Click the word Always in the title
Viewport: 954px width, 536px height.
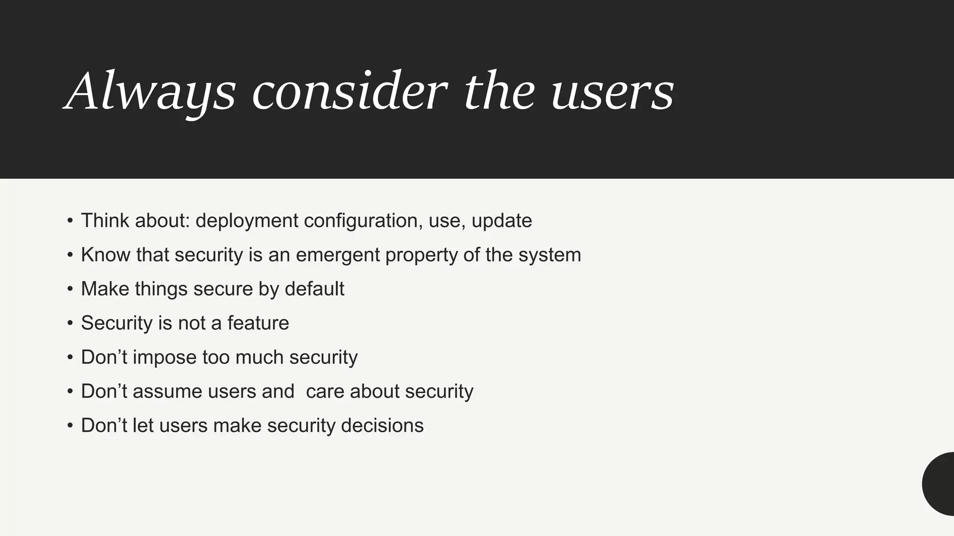pos(150,91)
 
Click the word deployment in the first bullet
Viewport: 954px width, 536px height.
pos(246,221)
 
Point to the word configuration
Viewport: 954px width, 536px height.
pos(363,221)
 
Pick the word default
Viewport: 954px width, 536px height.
pos(314,289)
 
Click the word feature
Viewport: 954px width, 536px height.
pos(258,323)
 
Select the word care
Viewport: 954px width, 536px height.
pos(325,392)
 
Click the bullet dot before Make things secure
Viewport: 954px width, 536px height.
pos(70,289)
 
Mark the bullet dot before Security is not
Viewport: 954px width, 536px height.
pos(70,323)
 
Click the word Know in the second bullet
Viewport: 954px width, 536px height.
pos(105,255)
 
